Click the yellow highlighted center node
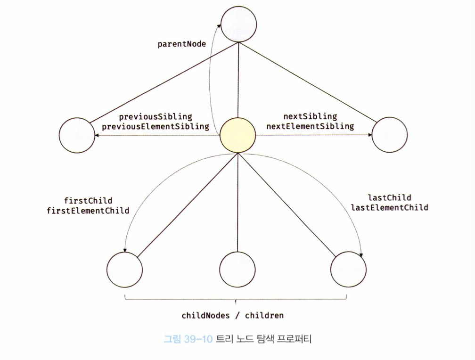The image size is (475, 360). [238, 135]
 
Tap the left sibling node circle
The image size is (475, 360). [77, 135]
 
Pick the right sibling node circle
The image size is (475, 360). [390, 134]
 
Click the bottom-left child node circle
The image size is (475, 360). [124, 270]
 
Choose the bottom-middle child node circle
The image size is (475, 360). [237, 270]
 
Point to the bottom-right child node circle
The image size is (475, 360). [349, 270]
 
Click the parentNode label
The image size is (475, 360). [181, 44]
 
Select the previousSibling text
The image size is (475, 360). [156, 116]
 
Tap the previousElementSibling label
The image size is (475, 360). [156, 126]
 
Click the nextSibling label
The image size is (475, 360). [310, 116]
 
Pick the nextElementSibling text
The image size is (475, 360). [310, 126]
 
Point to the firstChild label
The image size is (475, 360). [88, 200]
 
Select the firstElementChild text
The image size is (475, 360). [88, 211]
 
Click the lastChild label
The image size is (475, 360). [389, 197]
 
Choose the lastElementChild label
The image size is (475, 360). [389, 207]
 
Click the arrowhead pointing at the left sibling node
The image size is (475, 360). [97, 136]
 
